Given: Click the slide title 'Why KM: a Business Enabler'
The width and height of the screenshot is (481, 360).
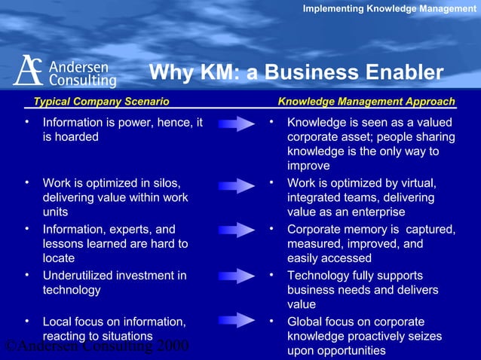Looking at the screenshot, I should [296, 73].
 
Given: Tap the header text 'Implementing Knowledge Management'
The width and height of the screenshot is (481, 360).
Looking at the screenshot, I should [389, 8].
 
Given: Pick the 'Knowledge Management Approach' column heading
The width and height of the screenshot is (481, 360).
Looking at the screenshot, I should [366, 102].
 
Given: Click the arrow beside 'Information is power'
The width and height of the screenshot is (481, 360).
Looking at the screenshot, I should [236, 124].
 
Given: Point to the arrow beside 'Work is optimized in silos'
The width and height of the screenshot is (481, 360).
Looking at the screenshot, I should [236, 185].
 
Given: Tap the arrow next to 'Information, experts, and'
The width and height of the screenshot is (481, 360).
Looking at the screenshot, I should [236, 230].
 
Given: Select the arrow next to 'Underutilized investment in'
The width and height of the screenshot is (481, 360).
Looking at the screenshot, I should [236, 276].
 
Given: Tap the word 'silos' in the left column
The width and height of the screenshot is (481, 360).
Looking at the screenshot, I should [165, 183].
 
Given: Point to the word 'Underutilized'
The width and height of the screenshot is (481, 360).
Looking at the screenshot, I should [78, 276].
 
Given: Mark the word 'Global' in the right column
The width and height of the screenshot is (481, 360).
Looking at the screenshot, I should [305, 322].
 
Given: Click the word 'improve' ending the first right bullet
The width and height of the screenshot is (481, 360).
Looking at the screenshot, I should [308, 166].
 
